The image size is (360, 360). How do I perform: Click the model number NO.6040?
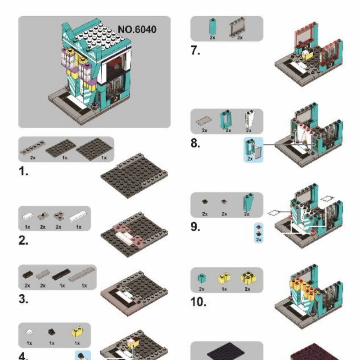[137, 30]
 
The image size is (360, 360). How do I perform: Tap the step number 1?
[23, 171]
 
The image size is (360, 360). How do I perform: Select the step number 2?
[24, 240]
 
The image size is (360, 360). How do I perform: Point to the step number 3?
[24, 298]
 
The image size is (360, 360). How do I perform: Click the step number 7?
[195, 50]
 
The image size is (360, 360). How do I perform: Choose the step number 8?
[195, 144]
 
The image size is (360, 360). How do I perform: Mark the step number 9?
[195, 226]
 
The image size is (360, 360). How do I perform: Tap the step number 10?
[198, 301]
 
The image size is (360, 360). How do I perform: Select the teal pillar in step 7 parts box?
[212, 27]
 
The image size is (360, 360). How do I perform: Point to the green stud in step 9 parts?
[205, 201]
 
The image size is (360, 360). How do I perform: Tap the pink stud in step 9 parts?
[224, 202]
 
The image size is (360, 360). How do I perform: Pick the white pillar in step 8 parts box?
[248, 119]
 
